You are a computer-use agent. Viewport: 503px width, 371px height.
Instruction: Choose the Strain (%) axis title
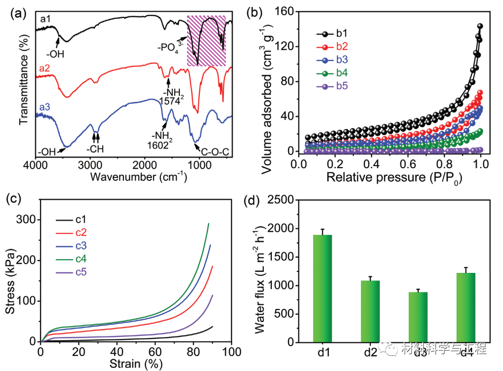coord(136,364)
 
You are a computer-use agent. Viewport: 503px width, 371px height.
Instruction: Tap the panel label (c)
coord(15,197)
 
